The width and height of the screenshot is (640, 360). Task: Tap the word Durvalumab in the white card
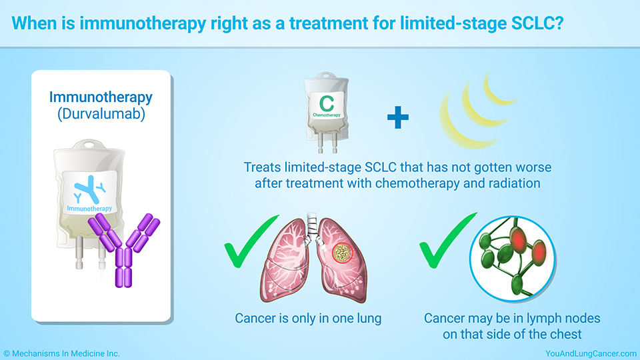pos(101,113)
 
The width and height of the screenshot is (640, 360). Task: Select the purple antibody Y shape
pos(124,249)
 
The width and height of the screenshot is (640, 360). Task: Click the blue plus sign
pos(397,117)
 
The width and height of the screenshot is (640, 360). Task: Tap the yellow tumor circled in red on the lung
pos(342,253)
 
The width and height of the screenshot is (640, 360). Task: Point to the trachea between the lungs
pos(312,226)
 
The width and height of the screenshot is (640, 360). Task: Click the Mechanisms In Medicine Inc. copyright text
pos(61,353)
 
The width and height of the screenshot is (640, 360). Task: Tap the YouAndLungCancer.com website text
pos(591,353)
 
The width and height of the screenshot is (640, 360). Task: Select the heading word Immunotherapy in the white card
pos(101,97)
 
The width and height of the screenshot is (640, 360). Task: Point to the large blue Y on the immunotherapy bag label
pos(87,189)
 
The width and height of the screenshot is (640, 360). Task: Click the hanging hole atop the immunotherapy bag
pos(89,144)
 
